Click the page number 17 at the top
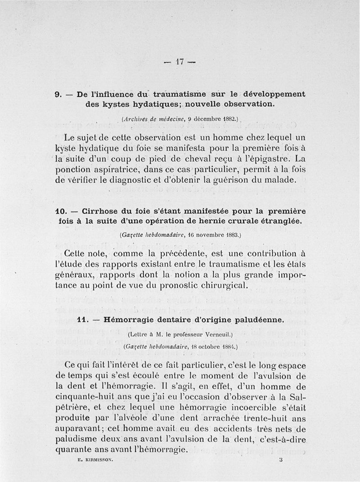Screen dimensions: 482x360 pyautogui.click(x=180, y=63)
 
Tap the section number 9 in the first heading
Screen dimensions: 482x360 pyautogui.click(x=57, y=95)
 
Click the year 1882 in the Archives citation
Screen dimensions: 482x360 pyautogui.click(x=229, y=120)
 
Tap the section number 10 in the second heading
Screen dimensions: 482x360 pyautogui.click(x=61, y=211)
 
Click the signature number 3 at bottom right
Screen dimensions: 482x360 pyautogui.click(x=281, y=460)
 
